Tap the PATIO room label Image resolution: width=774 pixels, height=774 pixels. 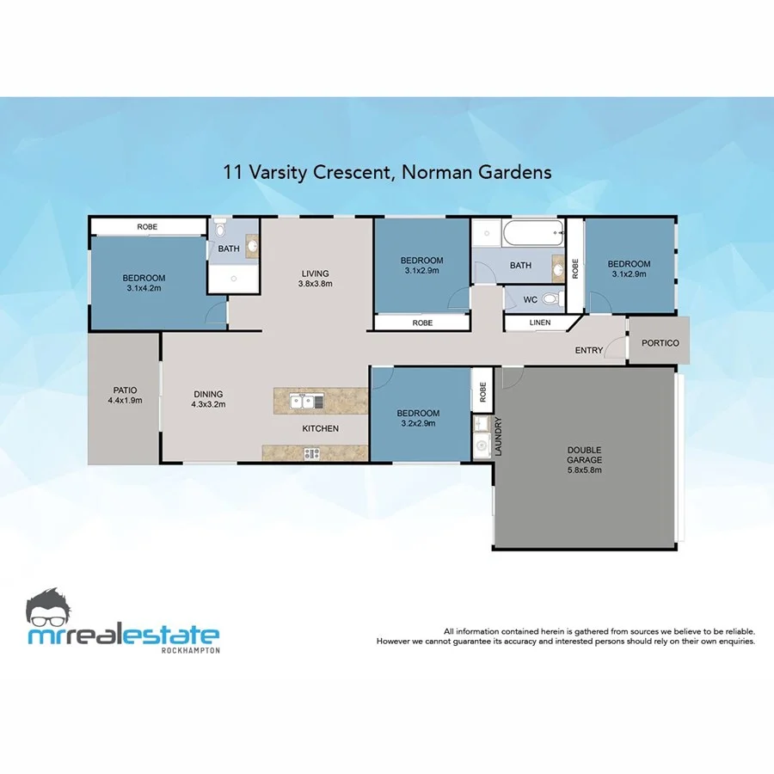[125, 389]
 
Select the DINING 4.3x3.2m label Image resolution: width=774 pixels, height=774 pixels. [208, 398]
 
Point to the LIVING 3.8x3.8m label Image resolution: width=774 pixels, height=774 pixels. [315, 278]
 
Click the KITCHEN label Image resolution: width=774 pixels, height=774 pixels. [320, 428]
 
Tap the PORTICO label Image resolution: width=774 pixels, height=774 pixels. [660, 343]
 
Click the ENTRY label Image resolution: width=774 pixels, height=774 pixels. [589, 351]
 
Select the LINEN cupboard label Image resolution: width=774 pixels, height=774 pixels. [539, 322]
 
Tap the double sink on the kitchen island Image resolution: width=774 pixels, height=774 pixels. [307, 401]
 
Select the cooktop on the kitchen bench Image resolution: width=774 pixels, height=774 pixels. [310, 453]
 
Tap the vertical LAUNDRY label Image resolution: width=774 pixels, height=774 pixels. [498, 438]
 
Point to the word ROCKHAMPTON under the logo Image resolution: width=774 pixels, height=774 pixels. [190, 650]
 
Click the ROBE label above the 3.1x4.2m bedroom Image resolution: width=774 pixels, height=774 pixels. [147, 227]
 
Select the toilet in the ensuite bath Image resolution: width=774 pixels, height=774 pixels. [221, 231]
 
